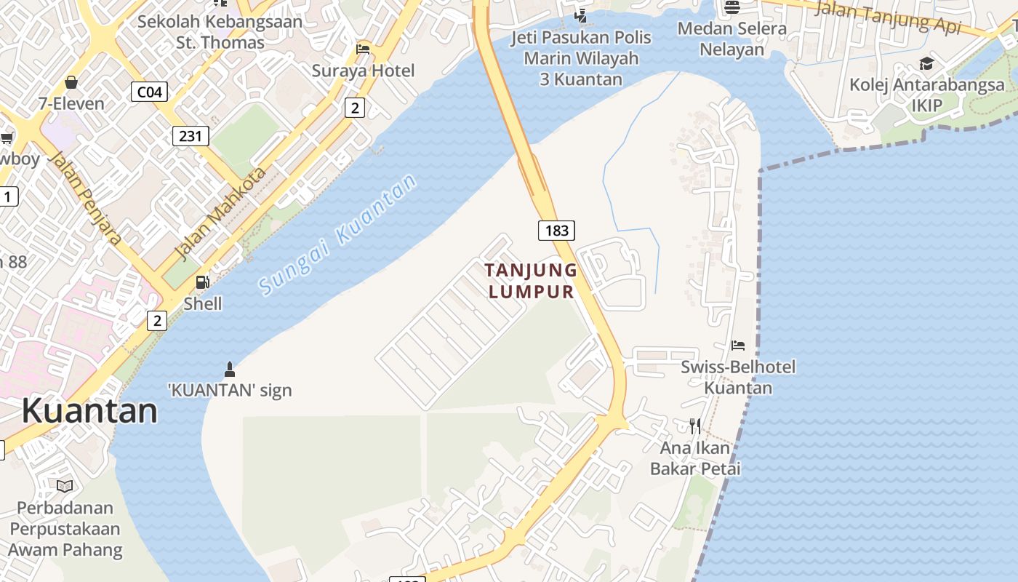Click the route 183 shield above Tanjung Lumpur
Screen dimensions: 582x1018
tap(556, 231)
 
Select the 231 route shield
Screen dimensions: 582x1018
tap(191, 136)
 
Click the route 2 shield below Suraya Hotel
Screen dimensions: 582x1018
tap(354, 108)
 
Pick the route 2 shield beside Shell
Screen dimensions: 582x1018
tap(156, 320)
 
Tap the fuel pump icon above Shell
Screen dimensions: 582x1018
tap(203, 282)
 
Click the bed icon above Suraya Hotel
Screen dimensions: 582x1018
tap(363, 49)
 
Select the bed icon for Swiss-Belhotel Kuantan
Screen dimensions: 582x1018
tap(738, 346)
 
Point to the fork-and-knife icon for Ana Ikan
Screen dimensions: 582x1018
tap(695, 426)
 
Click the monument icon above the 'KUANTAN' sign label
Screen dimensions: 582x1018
tap(230, 369)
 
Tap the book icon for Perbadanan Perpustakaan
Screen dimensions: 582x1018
tap(65, 485)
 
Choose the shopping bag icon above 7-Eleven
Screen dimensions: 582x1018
tap(71, 82)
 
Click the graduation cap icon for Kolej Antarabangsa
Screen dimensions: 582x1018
tap(926, 63)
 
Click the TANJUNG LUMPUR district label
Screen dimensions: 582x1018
tap(531, 281)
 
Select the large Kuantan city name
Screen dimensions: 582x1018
tap(89, 411)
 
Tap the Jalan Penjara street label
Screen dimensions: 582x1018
tap(87, 198)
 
